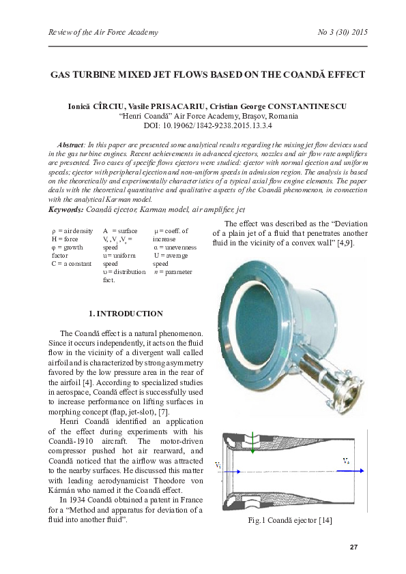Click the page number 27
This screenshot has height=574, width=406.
pyautogui.click(x=353, y=547)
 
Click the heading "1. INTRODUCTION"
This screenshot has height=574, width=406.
pyautogui.click(x=126, y=314)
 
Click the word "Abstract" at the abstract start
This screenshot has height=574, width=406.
pyautogui.click(x=70, y=146)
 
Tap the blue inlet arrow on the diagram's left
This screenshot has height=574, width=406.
pyautogui.click(x=229, y=470)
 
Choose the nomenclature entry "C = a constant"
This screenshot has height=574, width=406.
pyautogui.click(x=71, y=263)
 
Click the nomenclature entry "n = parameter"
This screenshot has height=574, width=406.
pyautogui.click(x=173, y=271)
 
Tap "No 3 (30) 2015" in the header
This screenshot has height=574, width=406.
pyautogui.click(x=343, y=32)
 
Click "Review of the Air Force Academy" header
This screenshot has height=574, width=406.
pyautogui.click(x=103, y=32)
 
